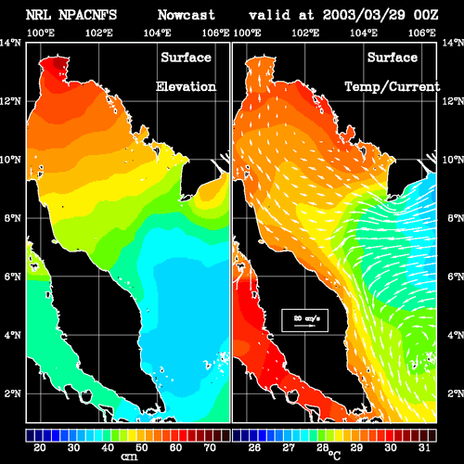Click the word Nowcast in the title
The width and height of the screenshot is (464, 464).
coord(187,15)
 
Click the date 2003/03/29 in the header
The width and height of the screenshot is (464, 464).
coord(364,15)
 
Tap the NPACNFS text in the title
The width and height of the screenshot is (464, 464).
coord(87,15)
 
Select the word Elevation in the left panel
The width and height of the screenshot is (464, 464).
coord(186,86)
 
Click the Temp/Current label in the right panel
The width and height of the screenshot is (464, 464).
coord(393,87)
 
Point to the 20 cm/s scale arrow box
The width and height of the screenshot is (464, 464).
coord(304,320)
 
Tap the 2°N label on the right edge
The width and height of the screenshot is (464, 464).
coord(456,393)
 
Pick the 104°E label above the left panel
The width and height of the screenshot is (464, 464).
coord(157,32)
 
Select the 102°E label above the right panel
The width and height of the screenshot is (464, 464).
coord(305,32)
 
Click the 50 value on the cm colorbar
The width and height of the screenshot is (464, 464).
coord(142,447)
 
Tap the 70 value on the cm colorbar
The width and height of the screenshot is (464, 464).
coord(210,447)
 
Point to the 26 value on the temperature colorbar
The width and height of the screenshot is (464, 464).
coord(254,447)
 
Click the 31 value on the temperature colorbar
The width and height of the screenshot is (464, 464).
coord(424,447)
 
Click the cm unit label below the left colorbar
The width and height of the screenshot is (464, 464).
coord(129,457)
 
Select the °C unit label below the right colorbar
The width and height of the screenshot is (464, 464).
coord(334,456)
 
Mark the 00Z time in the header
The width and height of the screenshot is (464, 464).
coord(426,15)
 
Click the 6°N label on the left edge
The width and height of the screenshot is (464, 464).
coord(13,277)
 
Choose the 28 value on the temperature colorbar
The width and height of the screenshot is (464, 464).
coord(322,447)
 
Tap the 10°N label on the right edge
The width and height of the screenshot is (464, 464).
coord(453,160)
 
